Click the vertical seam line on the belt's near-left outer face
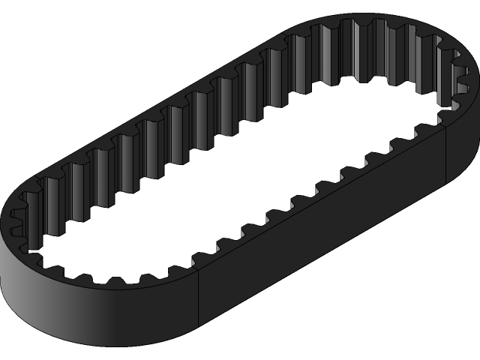197,300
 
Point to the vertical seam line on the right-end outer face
448,154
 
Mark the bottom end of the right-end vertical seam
448,182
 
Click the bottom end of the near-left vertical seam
197,330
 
